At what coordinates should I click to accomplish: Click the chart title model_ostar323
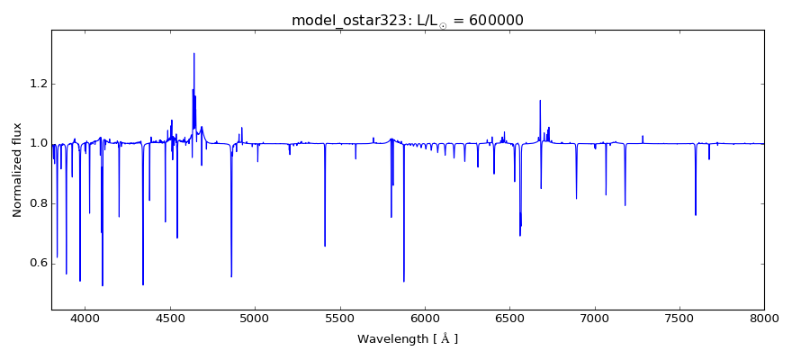point(346,20)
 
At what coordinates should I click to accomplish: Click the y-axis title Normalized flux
point(17,169)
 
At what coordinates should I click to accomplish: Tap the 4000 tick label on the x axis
point(85,319)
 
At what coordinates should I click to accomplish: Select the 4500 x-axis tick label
point(170,319)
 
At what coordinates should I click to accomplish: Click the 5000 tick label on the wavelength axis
point(255,319)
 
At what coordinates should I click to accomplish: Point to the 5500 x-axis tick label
point(339,319)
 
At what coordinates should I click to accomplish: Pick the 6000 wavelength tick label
point(425,319)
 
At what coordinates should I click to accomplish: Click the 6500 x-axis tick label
point(509,319)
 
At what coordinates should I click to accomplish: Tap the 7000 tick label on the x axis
point(594,319)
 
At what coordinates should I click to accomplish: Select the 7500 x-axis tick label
point(679,319)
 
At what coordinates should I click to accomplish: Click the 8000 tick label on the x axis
point(764,319)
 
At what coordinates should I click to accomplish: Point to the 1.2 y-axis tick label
point(35,84)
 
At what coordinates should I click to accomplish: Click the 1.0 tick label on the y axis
point(35,143)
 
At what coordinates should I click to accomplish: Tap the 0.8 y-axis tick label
point(35,203)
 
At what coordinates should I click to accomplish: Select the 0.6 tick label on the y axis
point(35,263)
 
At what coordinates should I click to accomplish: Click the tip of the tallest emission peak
point(193,53)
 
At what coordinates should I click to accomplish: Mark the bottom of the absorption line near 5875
point(403,282)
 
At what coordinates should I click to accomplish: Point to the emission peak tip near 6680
point(540,100)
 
